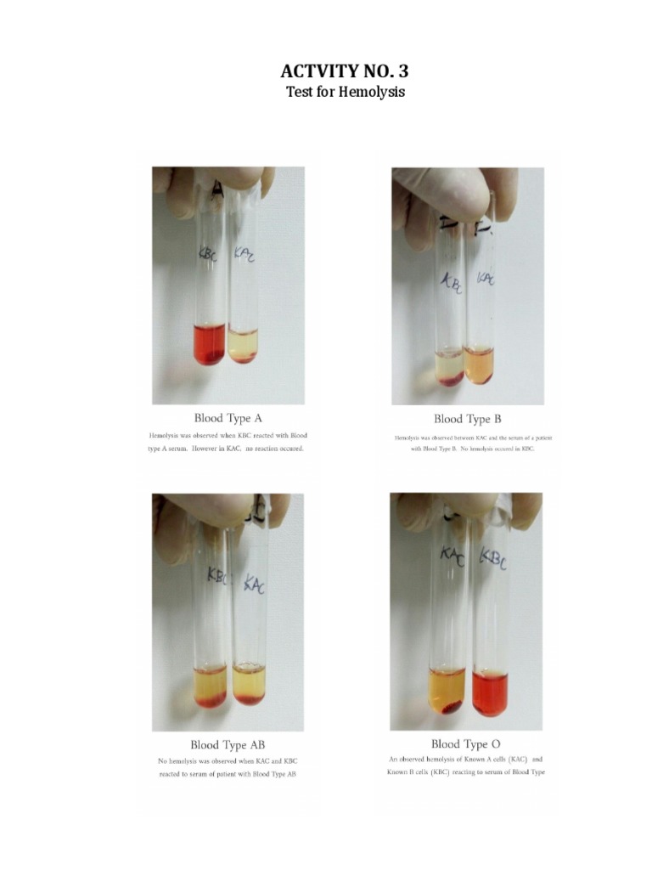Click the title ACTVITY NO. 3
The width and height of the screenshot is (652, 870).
[x=345, y=71]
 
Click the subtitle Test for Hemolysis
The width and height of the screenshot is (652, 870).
[x=345, y=92]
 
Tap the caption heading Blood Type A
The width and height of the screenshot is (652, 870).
[x=228, y=417]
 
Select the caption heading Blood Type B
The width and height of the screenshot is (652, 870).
[x=467, y=418]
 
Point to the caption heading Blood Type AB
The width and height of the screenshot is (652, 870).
[x=228, y=744]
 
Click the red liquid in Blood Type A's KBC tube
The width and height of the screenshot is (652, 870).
[x=209, y=344]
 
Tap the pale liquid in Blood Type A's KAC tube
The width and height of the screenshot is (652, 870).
[x=244, y=345]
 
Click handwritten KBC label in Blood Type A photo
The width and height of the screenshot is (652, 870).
[x=208, y=253]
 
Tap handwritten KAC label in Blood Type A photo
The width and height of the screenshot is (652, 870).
[x=244, y=253]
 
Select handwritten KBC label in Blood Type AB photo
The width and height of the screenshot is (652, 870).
[x=218, y=574]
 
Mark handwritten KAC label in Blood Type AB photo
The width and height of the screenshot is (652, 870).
[x=254, y=584]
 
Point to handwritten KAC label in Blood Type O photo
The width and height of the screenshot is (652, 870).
[x=452, y=556]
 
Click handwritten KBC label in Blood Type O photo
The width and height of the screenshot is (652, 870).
[x=492, y=557]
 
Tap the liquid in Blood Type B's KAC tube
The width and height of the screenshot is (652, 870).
[x=479, y=364]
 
